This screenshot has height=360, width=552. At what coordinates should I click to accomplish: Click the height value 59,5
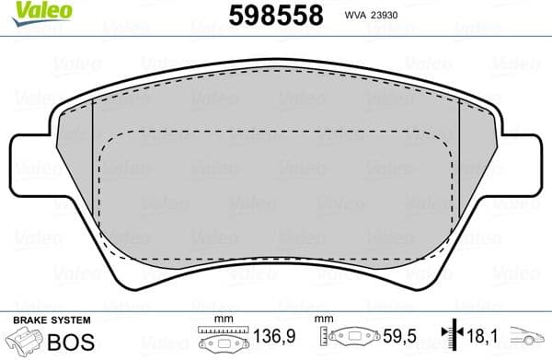(399, 336)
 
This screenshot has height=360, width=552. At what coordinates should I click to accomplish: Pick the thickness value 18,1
(480, 336)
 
